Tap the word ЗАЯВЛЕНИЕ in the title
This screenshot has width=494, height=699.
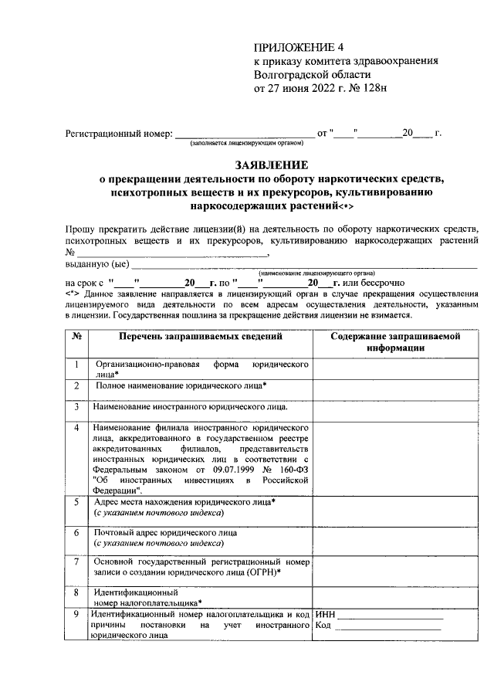(x=271, y=165)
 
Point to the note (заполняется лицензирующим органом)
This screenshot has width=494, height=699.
(x=242, y=144)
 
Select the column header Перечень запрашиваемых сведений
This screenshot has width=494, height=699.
(x=200, y=337)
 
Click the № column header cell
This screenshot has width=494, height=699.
(x=77, y=337)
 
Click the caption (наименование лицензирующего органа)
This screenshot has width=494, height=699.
(x=317, y=273)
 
